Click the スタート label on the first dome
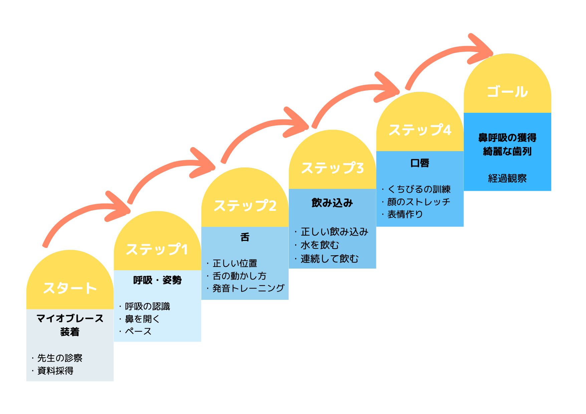tap(70, 288)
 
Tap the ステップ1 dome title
tap(157, 249)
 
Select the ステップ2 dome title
tap(245, 205)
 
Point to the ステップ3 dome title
tap(333, 168)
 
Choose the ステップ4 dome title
tap(420, 130)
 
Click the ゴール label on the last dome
tap(507, 92)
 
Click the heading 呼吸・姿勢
tap(157, 280)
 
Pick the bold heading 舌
tap(245, 237)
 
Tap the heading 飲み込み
tap(332, 203)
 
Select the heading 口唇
tap(420, 163)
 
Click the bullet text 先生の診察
tap(60, 358)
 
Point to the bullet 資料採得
tap(55, 371)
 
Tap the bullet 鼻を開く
tap(142, 319)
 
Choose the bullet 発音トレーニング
tap(249, 288)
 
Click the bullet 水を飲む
tap(320, 245)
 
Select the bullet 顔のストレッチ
tap(419, 202)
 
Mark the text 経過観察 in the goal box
tap(508, 178)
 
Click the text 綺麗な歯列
tap(508, 151)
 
